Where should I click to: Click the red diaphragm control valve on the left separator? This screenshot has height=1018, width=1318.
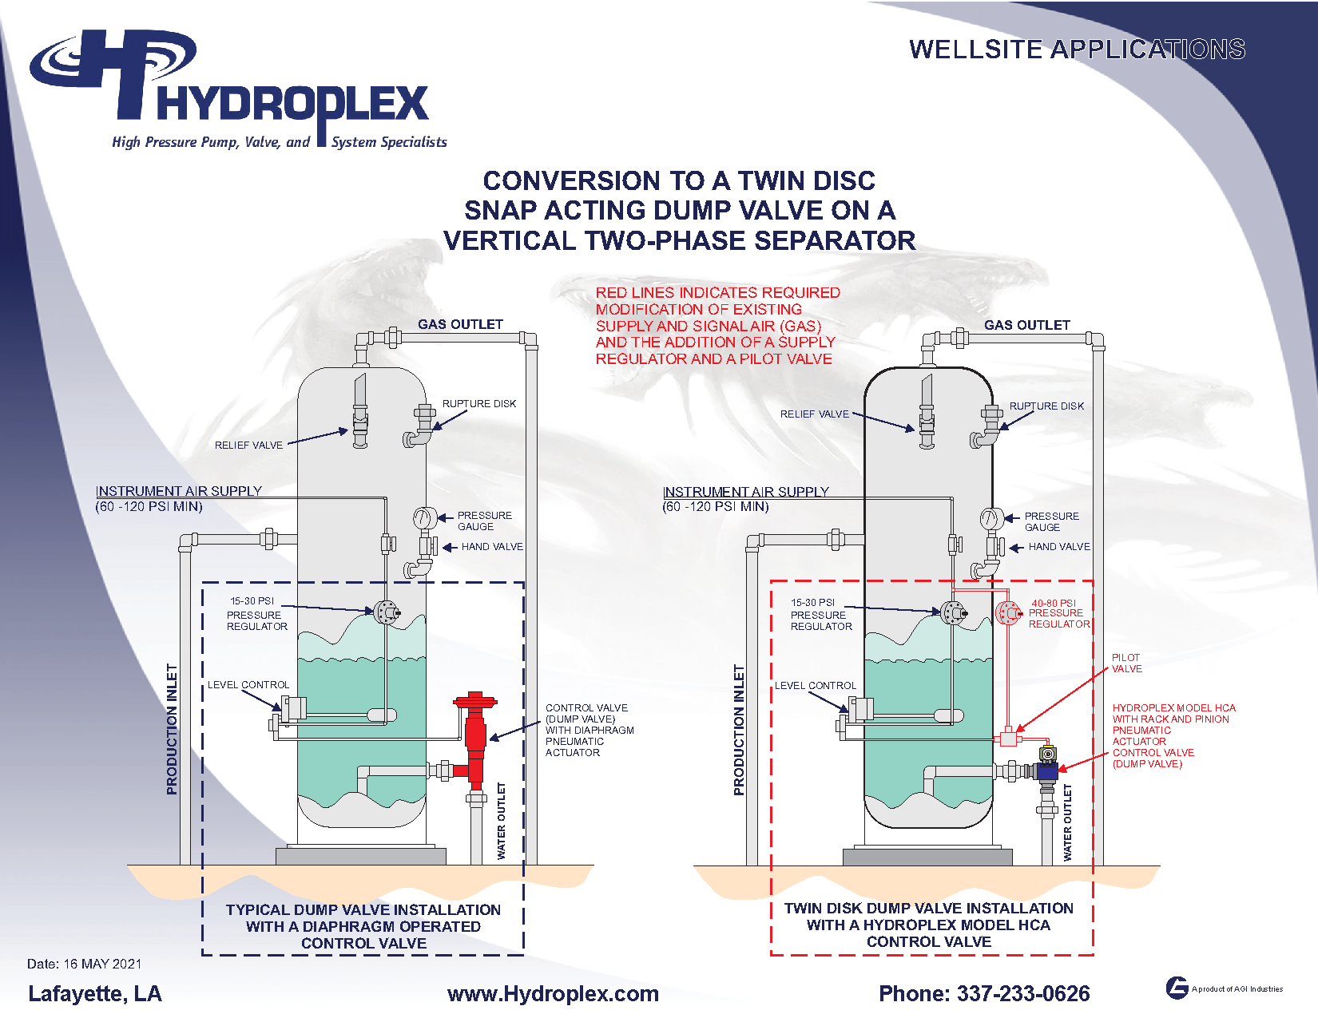tap(475, 739)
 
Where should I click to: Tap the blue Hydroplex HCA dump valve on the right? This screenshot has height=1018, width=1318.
tap(1046, 770)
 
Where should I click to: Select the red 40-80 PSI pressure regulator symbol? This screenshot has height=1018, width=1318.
tap(1007, 613)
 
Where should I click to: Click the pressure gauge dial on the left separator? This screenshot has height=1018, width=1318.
tap(423, 518)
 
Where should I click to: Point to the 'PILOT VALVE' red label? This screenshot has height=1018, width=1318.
tap(1126, 663)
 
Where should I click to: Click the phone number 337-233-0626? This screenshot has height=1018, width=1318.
tap(983, 993)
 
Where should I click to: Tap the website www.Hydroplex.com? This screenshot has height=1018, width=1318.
tap(553, 993)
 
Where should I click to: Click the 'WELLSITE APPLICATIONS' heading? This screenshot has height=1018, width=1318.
tap(1077, 50)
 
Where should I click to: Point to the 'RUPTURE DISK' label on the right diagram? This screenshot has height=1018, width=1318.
tap(1046, 406)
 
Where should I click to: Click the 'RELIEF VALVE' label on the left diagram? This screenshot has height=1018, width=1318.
tap(248, 445)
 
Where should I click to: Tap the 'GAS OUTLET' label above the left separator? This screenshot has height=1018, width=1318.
tap(460, 324)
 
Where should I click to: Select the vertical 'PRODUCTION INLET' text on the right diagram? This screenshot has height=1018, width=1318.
tap(739, 730)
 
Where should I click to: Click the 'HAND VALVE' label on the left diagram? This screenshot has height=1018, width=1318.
tap(492, 547)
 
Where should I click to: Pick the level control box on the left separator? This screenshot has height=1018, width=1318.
tap(293, 708)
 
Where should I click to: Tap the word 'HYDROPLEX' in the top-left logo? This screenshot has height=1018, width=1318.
tap(292, 104)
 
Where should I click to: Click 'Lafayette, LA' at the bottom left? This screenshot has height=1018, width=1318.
tap(94, 993)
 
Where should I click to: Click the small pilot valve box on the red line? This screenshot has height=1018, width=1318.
tap(1008, 739)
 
